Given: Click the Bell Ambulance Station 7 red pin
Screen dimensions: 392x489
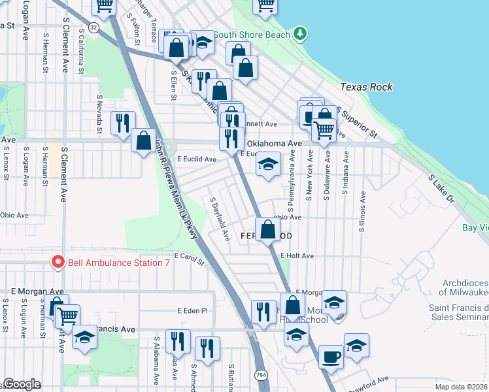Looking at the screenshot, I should [x=58, y=263].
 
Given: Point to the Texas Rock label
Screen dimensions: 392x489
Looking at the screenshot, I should [x=366, y=87].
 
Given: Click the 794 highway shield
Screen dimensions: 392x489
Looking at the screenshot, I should [x=260, y=375].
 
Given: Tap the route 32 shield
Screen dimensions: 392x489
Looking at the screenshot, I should [x=94, y=27].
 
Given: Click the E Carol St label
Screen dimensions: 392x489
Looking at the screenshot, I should [x=190, y=260].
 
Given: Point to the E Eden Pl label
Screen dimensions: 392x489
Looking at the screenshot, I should [x=192, y=311].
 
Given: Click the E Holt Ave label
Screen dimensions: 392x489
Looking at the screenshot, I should [x=297, y=256].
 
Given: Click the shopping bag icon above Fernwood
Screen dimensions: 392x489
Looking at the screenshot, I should [x=267, y=229].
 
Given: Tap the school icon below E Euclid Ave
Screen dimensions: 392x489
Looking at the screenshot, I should [x=267, y=165].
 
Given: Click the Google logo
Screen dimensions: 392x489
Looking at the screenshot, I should [x=21, y=384].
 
